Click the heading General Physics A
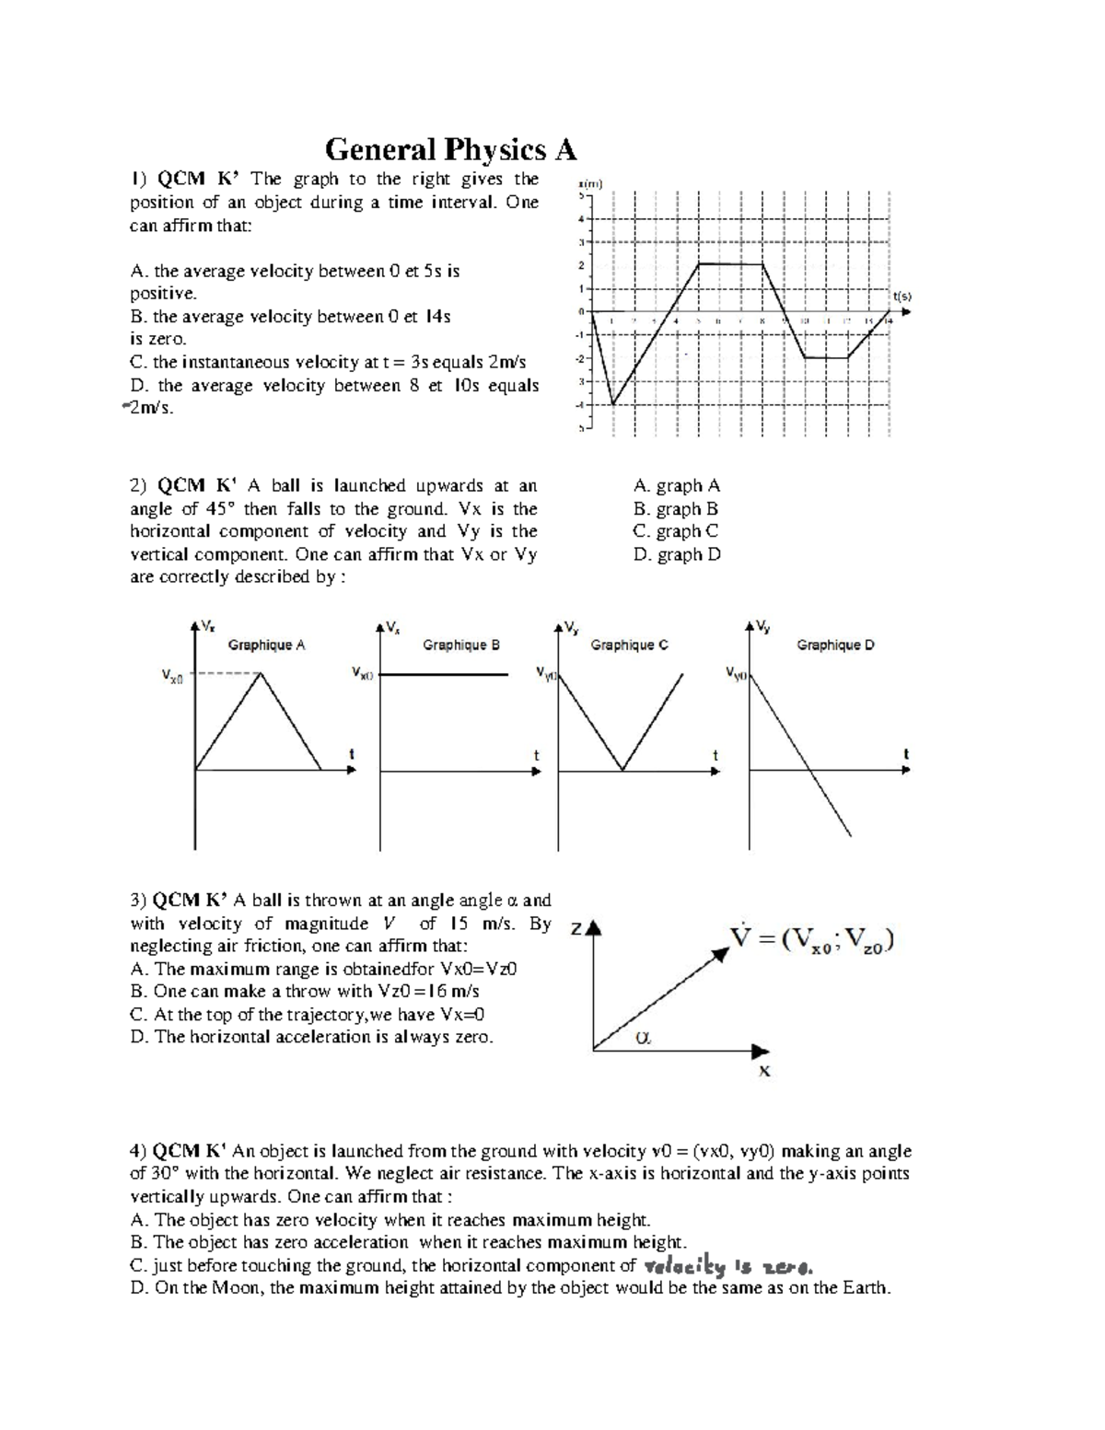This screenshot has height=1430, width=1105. [x=450, y=149]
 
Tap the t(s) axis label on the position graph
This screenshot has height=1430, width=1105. [x=901, y=296]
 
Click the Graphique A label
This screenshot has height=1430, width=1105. [x=266, y=645]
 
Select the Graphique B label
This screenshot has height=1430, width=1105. [x=460, y=645]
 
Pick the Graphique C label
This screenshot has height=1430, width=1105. [x=629, y=645]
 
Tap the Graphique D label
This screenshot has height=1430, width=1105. [x=835, y=645]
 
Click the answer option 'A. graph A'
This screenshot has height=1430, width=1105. [x=677, y=485]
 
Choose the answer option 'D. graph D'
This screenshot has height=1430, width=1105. [x=677, y=554]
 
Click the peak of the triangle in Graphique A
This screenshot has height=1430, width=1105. [x=262, y=674]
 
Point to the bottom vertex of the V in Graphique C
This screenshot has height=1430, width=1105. [x=622, y=770]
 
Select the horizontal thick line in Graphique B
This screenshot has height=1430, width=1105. [x=444, y=675]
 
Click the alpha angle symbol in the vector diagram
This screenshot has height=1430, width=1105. [x=643, y=1038]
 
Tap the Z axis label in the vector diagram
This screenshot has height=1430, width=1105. [x=576, y=929]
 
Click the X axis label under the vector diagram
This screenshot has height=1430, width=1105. [x=763, y=1071]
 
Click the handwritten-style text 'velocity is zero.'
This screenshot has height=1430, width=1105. [x=727, y=1266]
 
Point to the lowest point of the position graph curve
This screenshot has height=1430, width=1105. [x=613, y=403]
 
